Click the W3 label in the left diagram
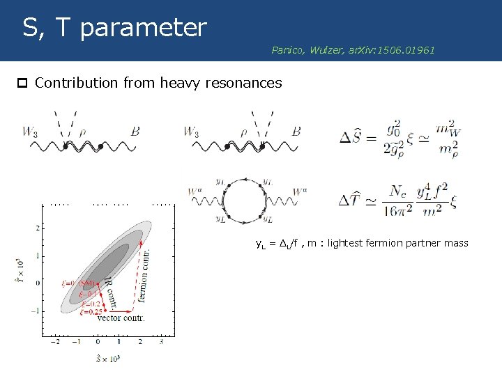pyautogui.click(x=31, y=131)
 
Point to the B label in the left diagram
pyautogui.click(x=135, y=131)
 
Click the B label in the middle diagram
pyautogui.click(x=296, y=131)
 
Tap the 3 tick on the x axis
pyautogui.click(x=161, y=342)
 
